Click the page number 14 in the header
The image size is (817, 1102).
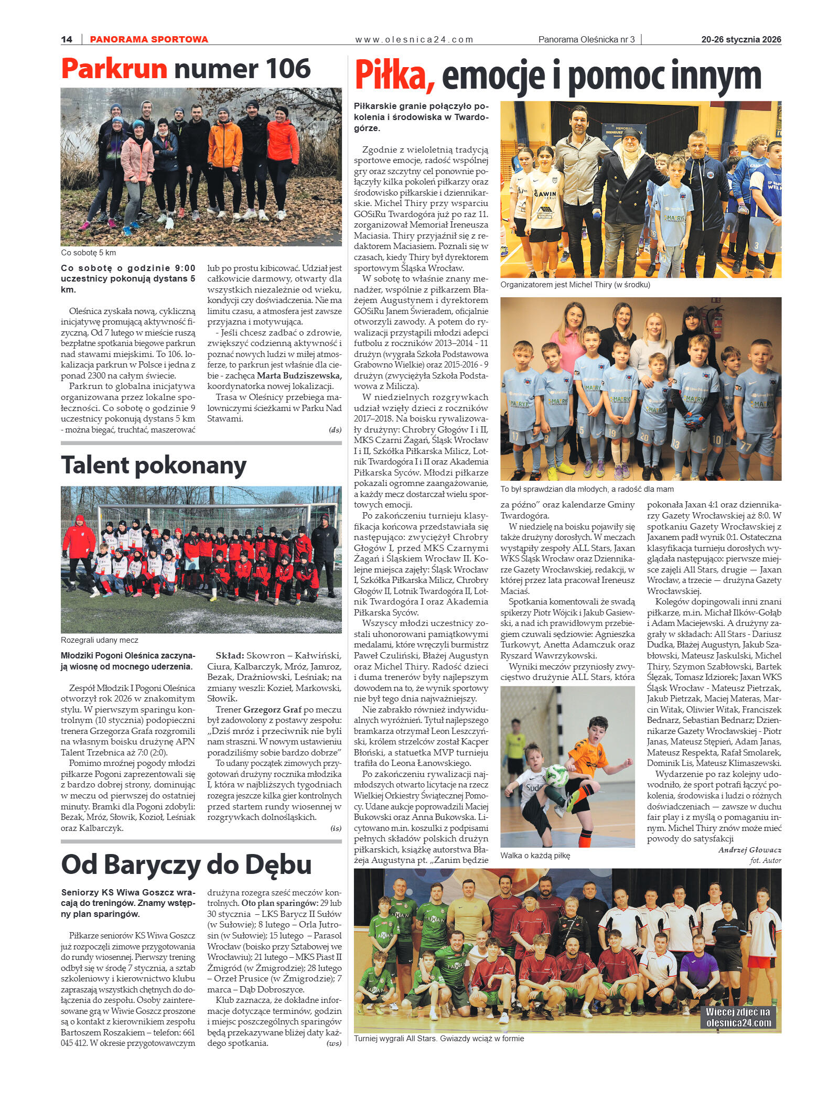coord(67,39)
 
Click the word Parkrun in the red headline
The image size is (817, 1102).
coord(114,69)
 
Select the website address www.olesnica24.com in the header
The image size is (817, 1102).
coord(414,39)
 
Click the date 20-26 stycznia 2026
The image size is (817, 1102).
coord(741,39)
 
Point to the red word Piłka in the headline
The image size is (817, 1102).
coord(394,76)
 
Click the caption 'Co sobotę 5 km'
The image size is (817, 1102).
coord(88,253)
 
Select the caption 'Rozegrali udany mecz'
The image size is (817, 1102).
coord(100,640)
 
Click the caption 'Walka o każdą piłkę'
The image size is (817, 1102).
coord(535,856)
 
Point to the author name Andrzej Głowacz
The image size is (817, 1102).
coord(749,850)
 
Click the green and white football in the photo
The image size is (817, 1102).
coord(555,775)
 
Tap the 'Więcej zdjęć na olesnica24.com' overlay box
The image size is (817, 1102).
coord(738,1018)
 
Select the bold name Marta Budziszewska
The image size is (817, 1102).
coord(299,375)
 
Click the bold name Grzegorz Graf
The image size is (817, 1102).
coord(272,709)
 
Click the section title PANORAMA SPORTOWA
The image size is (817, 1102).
coord(149,39)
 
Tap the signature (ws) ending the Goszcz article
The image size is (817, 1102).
coord(334,1043)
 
